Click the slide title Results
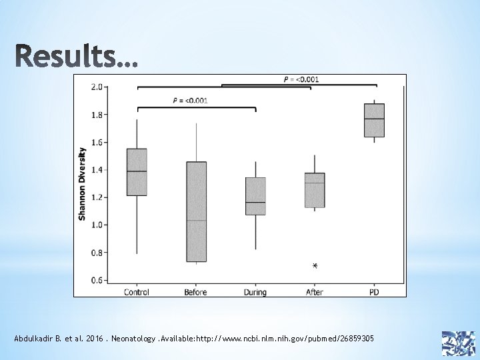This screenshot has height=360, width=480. pyautogui.click(x=77, y=56)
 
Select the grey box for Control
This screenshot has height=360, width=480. pyautogui.click(x=137, y=172)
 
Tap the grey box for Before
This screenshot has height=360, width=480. pyautogui.click(x=196, y=211)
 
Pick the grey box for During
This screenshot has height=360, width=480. pyautogui.click(x=255, y=196)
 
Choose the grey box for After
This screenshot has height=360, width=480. pyautogui.click(x=315, y=190)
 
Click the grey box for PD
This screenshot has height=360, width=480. pyautogui.click(x=374, y=120)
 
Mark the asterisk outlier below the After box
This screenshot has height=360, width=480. pyautogui.click(x=315, y=266)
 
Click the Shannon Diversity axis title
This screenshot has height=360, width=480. pyautogui.click(x=82, y=184)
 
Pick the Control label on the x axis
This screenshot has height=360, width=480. pyautogui.click(x=137, y=292)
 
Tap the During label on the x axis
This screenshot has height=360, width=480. pyautogui.click(x=255, y=292)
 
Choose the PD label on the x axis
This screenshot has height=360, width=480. pyautogui.click(x=374, y=292)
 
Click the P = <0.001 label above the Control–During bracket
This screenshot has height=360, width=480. pyautogui.click(x=190, y=101)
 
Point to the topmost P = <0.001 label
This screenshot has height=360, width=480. pyautogui.click(x=301, y=79)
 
